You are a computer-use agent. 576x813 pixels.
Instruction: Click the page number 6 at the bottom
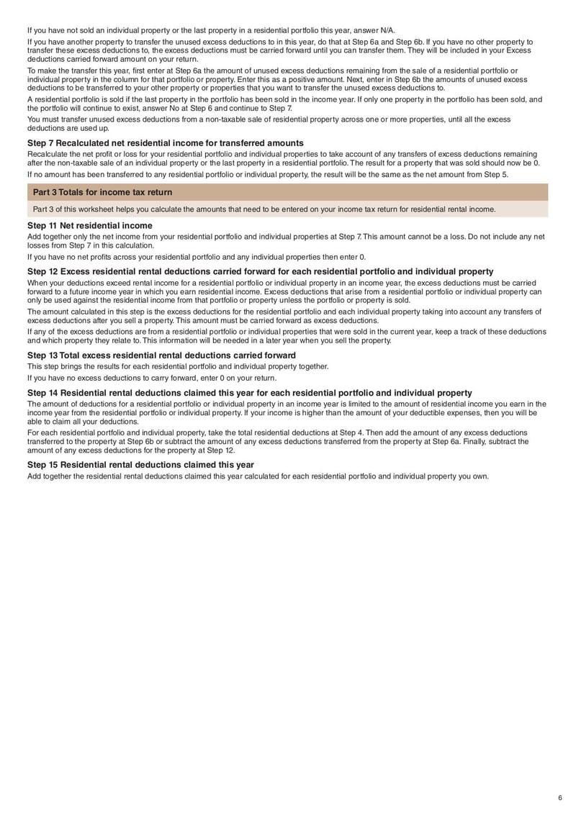point(559,797)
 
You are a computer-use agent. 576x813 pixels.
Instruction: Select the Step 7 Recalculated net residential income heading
point(165,143)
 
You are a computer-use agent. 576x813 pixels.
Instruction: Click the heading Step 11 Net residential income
point(90,225)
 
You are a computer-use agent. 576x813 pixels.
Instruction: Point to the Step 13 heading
point(161,355)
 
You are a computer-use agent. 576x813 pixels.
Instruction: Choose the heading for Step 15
point(140,465)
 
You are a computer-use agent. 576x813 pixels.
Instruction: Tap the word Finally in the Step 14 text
point(489,442)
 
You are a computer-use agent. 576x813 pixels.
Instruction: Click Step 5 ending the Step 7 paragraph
point(497,174)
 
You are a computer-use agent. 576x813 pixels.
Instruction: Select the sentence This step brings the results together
point(178,366)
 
